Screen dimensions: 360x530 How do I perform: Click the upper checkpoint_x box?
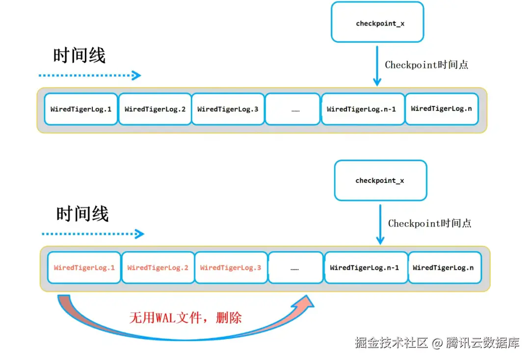377,22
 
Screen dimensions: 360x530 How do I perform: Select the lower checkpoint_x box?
380,180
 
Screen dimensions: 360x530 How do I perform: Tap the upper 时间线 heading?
79,55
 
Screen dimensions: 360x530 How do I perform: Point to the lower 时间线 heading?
82,214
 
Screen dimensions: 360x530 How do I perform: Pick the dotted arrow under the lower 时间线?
92,234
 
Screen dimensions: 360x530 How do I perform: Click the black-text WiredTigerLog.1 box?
81,109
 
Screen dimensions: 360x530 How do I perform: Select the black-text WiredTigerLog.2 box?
155,109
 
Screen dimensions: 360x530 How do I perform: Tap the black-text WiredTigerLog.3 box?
228,109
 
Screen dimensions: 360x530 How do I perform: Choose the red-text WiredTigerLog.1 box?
84,268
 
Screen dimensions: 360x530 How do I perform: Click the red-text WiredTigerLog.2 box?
158,268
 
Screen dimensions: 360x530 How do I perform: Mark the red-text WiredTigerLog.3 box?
231,268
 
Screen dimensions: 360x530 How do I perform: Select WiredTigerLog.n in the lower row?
443,268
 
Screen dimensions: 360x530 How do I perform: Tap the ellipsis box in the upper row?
292,109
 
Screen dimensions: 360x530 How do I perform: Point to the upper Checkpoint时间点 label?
426,65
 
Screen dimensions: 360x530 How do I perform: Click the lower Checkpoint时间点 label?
429,224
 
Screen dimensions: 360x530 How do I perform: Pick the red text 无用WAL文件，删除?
185,318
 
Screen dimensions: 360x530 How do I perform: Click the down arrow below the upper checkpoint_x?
376,66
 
